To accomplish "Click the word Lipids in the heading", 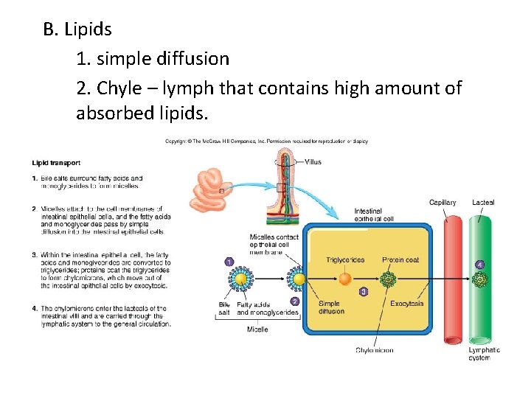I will pos(88,29).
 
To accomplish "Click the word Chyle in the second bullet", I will pos(124,88).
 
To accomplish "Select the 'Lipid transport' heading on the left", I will pos(56,163).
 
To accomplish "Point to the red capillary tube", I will pos(452,280).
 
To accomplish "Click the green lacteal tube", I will pos(481,280).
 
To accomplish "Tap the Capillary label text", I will pos(442,203).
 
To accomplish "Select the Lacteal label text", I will pos(484,203).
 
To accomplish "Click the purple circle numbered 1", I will pos(229,262).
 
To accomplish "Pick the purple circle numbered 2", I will pos(295,301).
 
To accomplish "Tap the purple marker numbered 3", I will pos(363,292).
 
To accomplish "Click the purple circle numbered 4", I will pos(480,264).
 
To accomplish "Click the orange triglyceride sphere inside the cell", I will pos(344,280).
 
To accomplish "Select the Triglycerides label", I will pos(345,260).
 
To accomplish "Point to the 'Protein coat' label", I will pos(400,260).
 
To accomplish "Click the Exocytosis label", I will pos(406,303).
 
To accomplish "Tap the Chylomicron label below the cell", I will pos(374,350).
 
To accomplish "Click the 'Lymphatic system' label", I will pos(484,354).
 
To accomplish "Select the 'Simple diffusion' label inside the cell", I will pos(331,307).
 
